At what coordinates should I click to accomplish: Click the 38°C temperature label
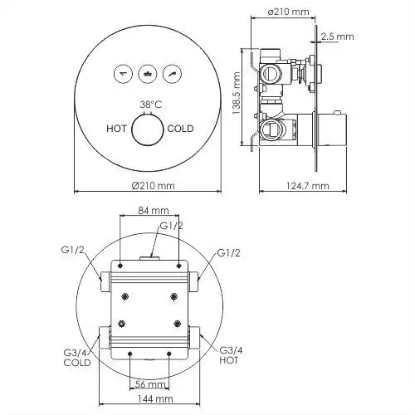tap(150, 105)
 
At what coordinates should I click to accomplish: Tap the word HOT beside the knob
tap(117, 129)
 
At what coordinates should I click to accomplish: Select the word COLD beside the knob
tap(182, 129)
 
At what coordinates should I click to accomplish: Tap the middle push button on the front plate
tap(149, 74)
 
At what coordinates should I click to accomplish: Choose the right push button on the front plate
tap(173, 74)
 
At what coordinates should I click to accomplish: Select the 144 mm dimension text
tap(150, 399)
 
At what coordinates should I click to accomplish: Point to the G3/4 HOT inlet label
tap(231, 355)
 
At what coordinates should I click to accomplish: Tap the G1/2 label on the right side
tap(230, 252)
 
